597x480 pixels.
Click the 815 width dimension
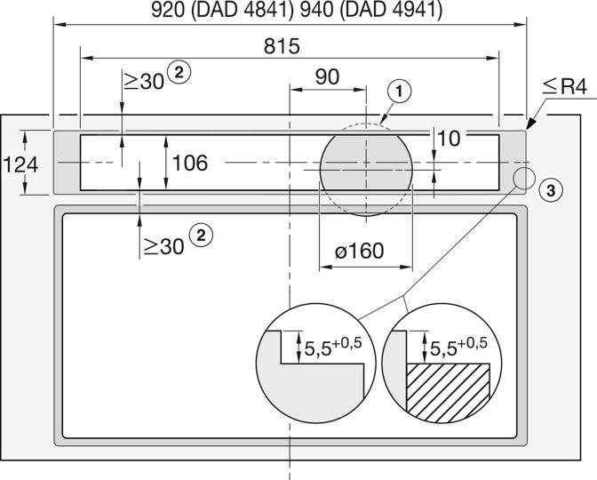pos(282,46)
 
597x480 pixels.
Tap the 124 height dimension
pos(20,165)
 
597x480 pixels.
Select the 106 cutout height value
pos(190,163)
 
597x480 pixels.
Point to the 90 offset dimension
pos(327,77)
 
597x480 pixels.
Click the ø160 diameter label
pos(360,251)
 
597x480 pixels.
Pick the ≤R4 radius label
pos(565,87)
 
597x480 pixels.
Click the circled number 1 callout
pos(400,92)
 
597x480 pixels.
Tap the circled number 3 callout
pos(551,190)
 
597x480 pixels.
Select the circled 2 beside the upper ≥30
pos(179,72)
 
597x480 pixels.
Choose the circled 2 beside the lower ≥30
pos(201,235)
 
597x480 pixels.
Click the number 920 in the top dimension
pos(168,10)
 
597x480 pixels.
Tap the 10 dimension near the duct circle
pos(450,139)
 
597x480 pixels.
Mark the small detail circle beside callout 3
pos(524,179)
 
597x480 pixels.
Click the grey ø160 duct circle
pos(366,171)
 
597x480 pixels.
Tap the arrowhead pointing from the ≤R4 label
pos(531,124)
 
